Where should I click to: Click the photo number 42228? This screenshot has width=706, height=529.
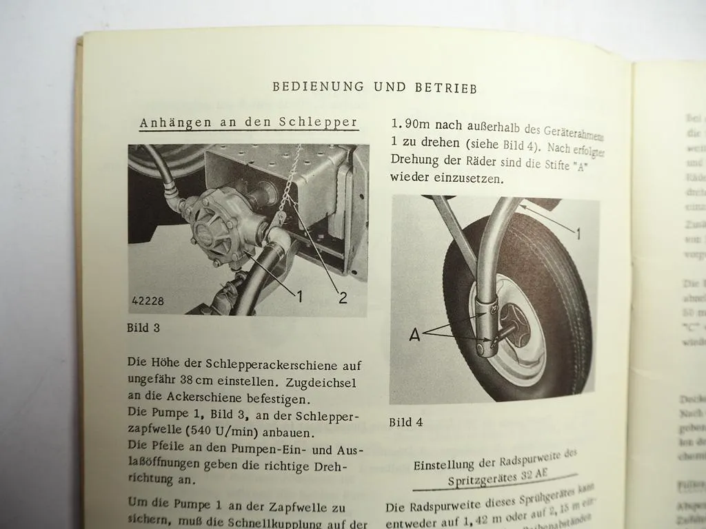[148, 301]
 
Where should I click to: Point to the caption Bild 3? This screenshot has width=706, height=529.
[143, 328]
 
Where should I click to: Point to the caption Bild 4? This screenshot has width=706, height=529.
[405, 422]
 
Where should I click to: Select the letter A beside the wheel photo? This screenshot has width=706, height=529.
[415, 335]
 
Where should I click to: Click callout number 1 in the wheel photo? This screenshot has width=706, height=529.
[578, 234]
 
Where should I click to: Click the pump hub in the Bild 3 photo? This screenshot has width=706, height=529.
[207, 231]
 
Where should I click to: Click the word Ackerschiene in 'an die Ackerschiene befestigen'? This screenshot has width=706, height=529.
[199, 398]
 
